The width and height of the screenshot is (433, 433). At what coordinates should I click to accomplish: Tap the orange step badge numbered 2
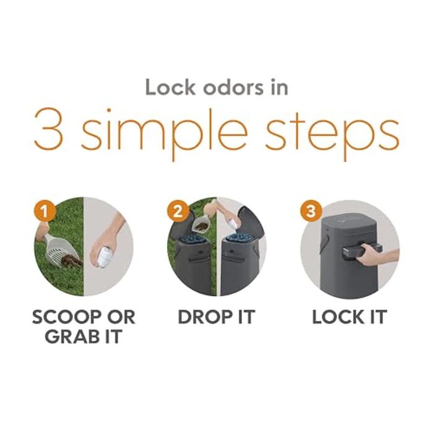[x=178, y=210]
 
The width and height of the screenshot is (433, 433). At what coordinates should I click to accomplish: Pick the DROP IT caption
[x=216, y=317]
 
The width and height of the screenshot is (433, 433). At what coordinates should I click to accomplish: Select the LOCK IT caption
[x=349, y=317]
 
